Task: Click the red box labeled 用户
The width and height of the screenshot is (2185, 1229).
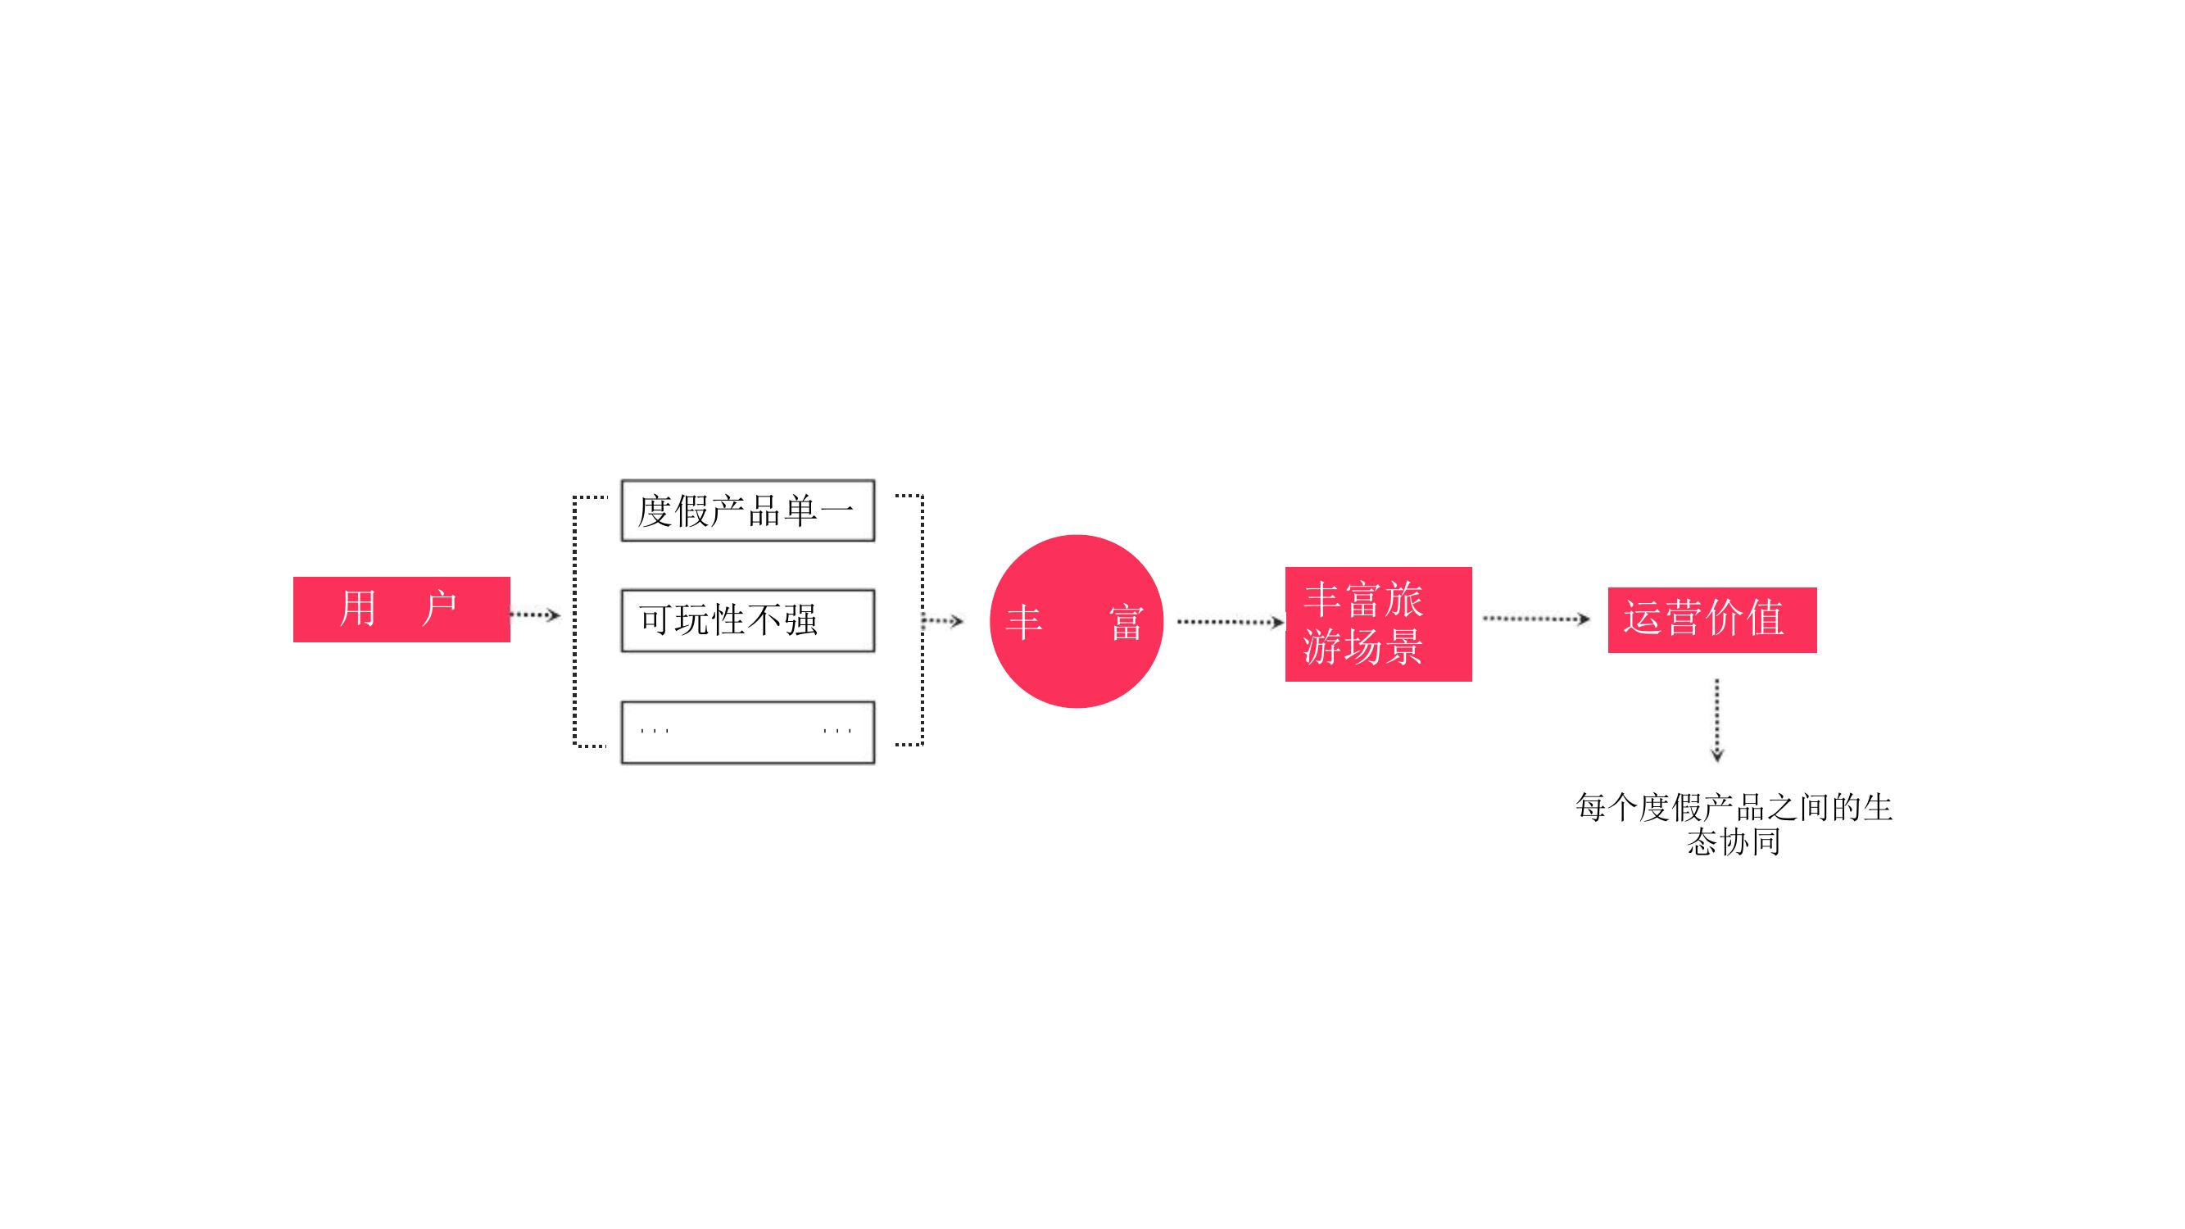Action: point(401,609)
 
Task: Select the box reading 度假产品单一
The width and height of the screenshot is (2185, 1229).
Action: point(747,510)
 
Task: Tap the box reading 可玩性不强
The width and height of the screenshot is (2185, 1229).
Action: point(747,621)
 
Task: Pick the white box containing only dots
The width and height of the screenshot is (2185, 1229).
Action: point(747,732)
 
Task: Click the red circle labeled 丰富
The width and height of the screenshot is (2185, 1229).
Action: point(1076,621)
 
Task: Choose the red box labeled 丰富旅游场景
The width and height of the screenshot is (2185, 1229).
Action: point(1378,624)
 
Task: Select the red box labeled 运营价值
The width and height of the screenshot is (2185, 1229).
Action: point(1711,619)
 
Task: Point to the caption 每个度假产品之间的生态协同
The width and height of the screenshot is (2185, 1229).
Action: point(1734,823)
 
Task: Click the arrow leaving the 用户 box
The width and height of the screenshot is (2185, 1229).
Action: point(535,614)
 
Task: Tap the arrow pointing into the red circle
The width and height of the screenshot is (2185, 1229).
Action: point(942,621)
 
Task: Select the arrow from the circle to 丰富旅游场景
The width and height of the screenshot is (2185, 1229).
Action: point(1231,623)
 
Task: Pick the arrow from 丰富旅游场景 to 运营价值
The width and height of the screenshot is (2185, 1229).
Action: point(1536,619)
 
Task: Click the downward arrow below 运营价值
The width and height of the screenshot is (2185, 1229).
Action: point(1717,720)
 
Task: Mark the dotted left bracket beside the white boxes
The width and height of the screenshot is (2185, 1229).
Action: point(575,621)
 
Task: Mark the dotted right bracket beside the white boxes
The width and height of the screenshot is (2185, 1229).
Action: point(922,620)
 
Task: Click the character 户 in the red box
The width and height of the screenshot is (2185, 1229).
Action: point(439,608)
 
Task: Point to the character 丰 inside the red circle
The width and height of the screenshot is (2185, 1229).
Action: point(1024,623)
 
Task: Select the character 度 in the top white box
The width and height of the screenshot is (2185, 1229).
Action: point(655,511)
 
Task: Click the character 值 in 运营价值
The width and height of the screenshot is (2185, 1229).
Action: point(1766,618)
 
